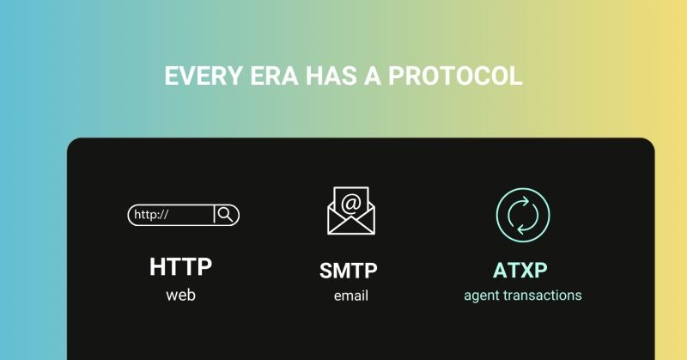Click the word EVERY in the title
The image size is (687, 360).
(x=203, y=76)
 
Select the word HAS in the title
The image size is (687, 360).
(x=331, y=76)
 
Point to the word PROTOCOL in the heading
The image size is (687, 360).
(x=455, y=76)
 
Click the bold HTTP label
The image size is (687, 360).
(x=180, y=266)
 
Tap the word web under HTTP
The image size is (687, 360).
(x=180, y=295)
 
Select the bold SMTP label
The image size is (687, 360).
(x=349, y=271)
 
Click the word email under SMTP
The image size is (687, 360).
(x=351, y=296)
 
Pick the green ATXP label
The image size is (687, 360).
(x=520, y=270)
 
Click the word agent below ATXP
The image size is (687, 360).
(x=481, y=296)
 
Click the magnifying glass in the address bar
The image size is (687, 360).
(x=226, y=215)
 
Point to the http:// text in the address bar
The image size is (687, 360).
(x=151, y=215)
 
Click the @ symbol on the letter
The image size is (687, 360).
(x=351, y=203)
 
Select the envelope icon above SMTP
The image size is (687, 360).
(x=351, y=211)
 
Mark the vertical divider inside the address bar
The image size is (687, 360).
(x=214, y=215)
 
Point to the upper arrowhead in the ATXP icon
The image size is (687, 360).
(x=526, y=202)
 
